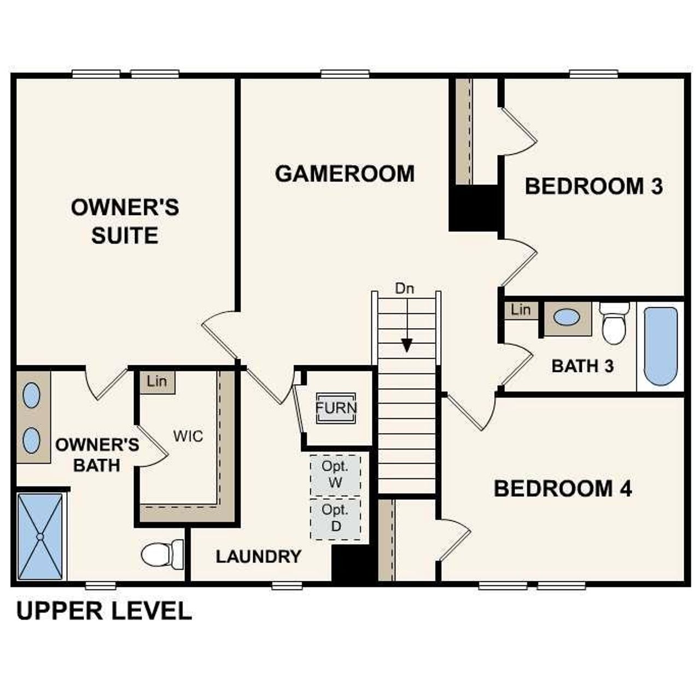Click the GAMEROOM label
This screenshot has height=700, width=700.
[x=345, y=174]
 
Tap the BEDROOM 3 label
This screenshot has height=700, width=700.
[x=593, y=186]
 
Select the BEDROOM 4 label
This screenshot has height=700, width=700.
[x=563, y=488]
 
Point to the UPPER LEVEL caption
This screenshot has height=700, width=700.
[x=104, y=611]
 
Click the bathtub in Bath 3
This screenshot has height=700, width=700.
[x=661, y=346]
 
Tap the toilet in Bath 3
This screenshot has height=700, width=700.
[x=614, y=323]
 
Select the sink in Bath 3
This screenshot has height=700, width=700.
[x=567, y=317]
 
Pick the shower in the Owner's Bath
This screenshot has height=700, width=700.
[x=39, y=536]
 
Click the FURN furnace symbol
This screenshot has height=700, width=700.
[x=336, y=408]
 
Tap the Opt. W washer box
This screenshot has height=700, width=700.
[x=335, y=475]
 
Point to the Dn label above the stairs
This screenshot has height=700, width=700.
[x=405, y=289]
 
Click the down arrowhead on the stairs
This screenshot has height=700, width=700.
[x=406, y=345]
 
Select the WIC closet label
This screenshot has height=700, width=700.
[x=188, y=436]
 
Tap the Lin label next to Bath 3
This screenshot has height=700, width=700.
[x=521, y=310]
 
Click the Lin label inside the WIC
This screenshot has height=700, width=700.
[x=157, y=381]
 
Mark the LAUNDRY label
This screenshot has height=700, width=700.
[x=258, y=557]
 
